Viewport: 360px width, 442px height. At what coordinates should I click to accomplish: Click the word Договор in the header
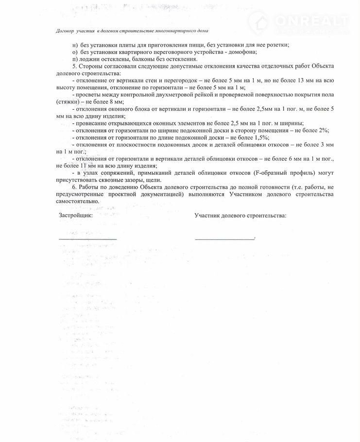tap(65, 31)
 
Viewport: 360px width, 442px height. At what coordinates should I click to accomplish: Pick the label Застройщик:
tap(75, 215)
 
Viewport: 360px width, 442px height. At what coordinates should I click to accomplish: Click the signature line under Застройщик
tap(87, 238)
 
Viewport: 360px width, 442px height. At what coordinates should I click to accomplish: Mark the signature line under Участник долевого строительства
tap(224, 238)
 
